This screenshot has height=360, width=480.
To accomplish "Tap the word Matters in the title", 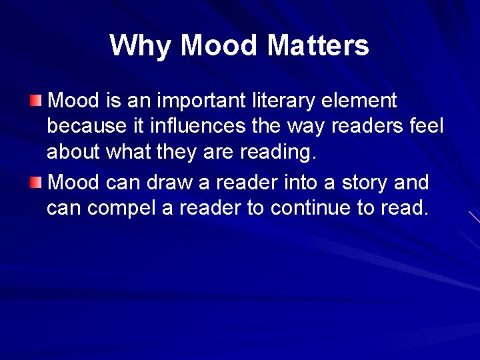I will pos(318,46).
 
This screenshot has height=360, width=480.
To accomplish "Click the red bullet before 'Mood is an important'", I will pos(35,101).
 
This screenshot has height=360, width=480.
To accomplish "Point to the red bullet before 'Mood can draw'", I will pos(35,182).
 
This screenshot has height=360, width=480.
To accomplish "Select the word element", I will pos(360,101).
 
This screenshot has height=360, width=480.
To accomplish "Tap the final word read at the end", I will pos(403,208).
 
